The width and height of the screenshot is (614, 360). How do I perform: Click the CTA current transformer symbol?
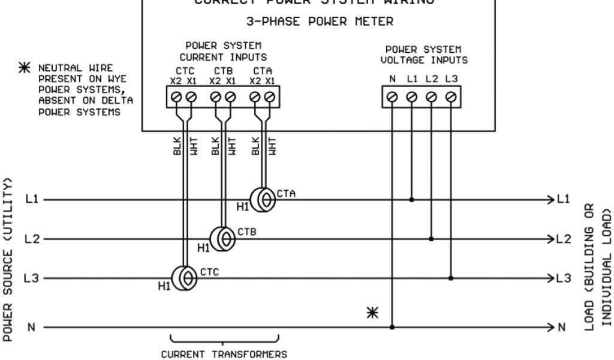click(x=263, y=199)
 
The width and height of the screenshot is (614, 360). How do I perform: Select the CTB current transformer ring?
click(x=224, y=239)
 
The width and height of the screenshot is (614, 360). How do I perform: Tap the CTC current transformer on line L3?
click(x=183, y=278)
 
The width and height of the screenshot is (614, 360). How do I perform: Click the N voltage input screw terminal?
click(x=392, y=97)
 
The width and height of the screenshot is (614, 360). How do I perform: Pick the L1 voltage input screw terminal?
click(x=411, y=97)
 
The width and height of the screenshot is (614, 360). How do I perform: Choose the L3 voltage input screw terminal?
click(x=450, y=97)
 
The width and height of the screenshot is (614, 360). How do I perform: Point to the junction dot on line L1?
click(x=411, y=199)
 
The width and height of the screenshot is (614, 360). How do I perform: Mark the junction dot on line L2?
click(x=431, y=239)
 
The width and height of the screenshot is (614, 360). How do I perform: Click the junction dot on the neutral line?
click(x=392, y=327)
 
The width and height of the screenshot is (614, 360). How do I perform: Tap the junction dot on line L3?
click(x=450, y=278)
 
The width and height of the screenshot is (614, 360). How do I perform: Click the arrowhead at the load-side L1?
click(x=549, y=199)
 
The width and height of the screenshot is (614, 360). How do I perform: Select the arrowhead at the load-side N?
click(x=549, y=327)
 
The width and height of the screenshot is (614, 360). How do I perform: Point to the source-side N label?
click(x=30, y=327)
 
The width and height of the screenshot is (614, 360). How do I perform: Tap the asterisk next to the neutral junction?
click(x=373, y=313)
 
